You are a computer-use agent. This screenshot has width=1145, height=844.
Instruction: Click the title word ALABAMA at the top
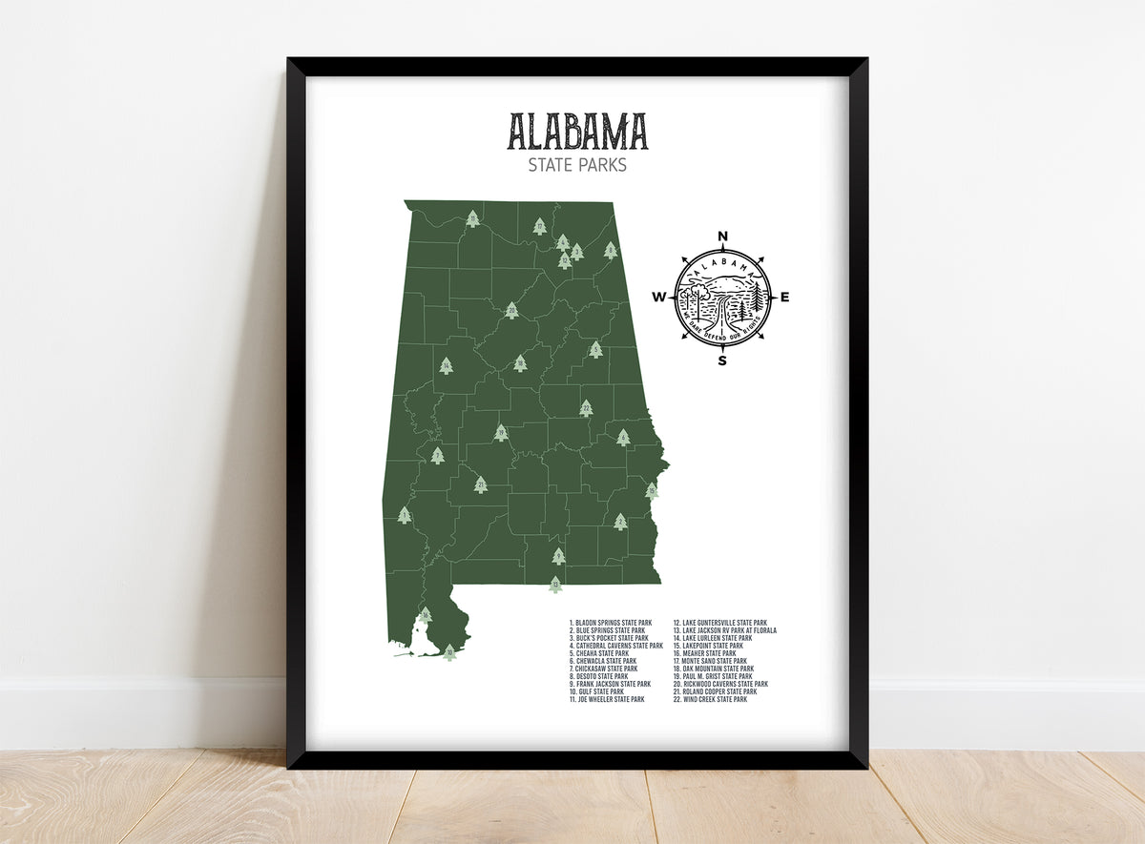click(576, 132)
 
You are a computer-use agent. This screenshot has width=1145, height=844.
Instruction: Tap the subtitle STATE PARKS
click(576, 165)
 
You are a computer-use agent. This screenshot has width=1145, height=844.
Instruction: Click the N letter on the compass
click(722, 237)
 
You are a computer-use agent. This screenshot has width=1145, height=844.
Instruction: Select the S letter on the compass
click(722, 360)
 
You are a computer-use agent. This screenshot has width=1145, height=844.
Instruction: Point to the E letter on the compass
click(785, 298)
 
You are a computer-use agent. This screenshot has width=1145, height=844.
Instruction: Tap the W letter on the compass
click(658, 298)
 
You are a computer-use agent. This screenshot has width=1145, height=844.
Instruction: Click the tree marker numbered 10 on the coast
click(449, 652)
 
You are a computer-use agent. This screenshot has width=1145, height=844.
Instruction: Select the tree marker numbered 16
click(425, 615)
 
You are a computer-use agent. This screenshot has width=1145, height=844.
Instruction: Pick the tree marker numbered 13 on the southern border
click(555, 585)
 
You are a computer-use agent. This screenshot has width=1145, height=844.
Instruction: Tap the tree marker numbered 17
click(539, 227)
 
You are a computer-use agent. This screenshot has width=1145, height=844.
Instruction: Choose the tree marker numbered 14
click(446, 365)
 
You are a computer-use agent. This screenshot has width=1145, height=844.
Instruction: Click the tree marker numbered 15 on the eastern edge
click(652, 490)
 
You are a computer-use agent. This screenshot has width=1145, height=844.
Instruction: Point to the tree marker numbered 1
click(405, 515)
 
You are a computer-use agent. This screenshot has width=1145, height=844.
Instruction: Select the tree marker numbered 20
click(511, 310)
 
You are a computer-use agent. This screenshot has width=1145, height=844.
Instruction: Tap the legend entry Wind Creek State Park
click(714, 699)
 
